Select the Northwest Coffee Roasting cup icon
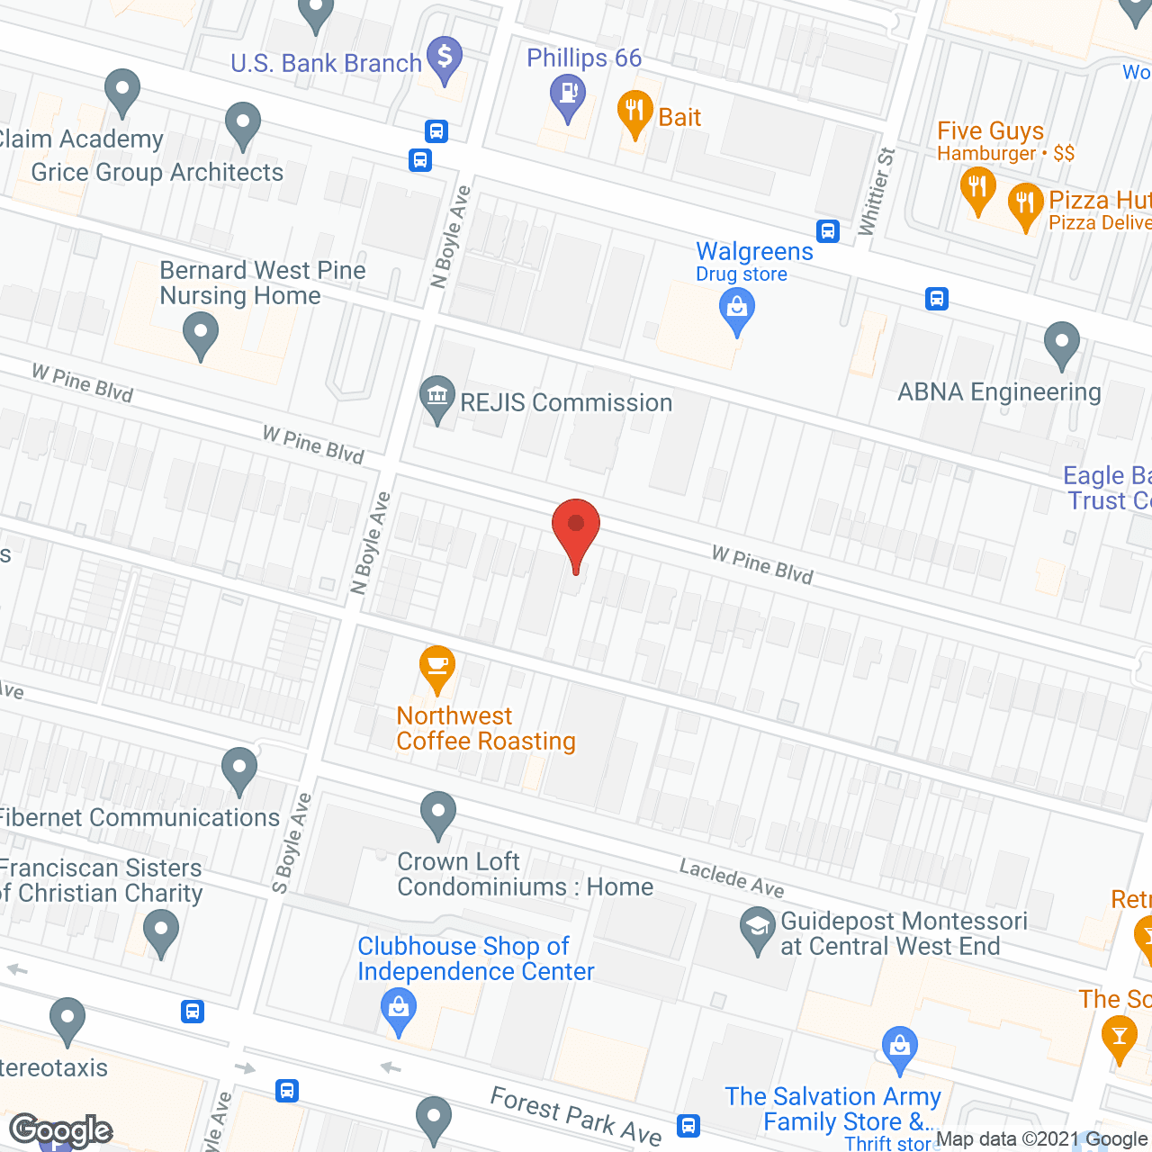437,667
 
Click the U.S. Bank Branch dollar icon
445,58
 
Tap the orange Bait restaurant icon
635,113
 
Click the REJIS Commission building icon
437,397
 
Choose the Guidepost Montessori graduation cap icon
758,929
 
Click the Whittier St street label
877,192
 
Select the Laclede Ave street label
732,878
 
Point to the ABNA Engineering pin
1062,344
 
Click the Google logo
61,1130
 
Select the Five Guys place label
990,131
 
